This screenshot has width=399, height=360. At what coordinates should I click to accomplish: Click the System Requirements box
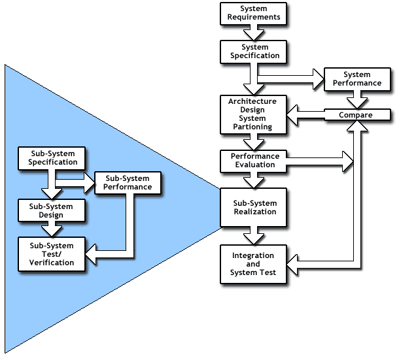252,13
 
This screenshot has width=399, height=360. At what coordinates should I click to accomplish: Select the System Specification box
252,52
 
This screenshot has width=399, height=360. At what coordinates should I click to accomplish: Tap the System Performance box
356,79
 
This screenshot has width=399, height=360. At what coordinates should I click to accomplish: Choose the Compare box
356,115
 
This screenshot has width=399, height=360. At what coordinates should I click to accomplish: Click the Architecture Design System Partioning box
252,114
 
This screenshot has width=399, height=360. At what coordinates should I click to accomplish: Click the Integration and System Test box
252,263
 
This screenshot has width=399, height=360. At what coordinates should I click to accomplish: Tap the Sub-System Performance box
127,182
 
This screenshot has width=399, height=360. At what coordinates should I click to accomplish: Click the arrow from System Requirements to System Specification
252,33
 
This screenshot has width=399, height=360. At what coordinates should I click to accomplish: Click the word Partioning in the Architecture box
252,127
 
